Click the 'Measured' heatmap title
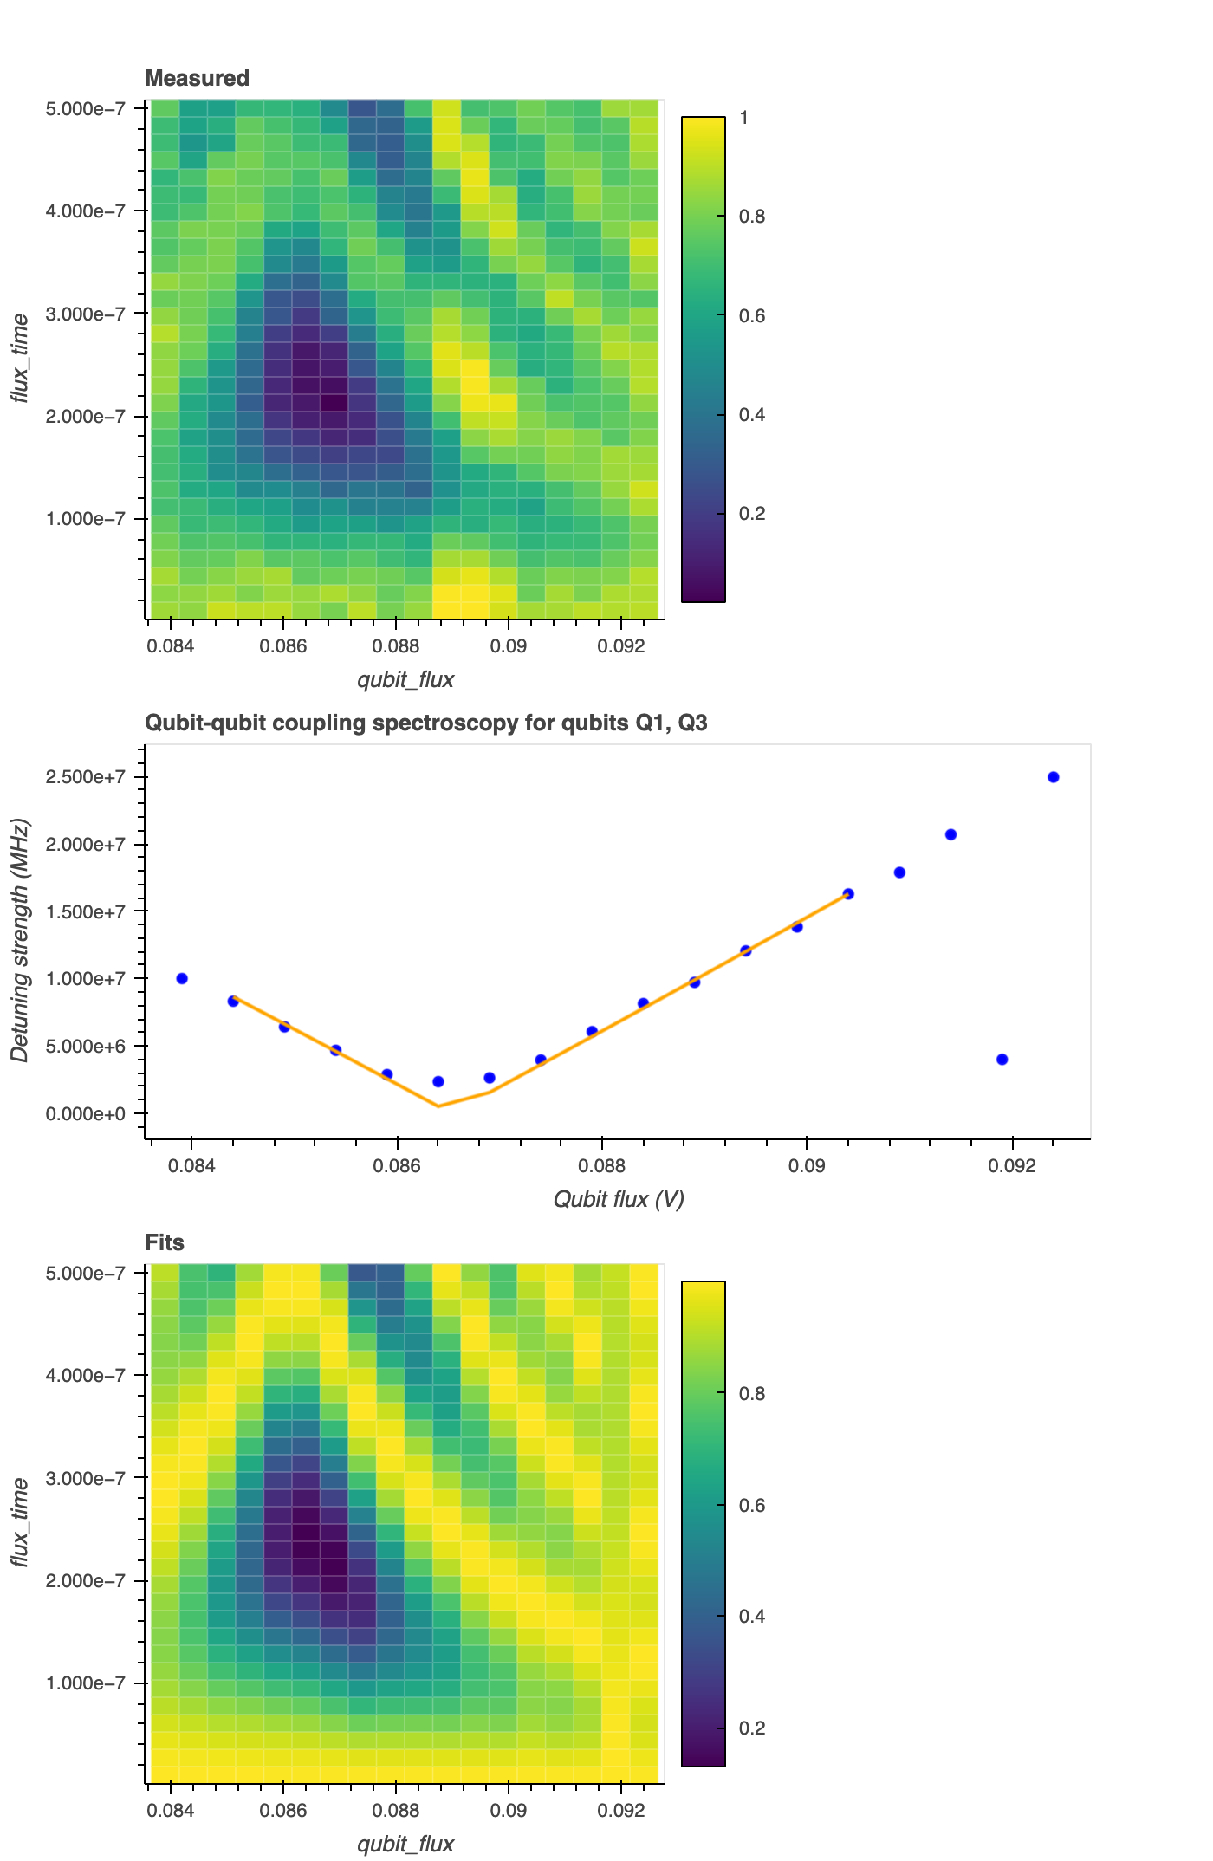click(197, 78)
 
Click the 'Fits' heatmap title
click(165, 1242)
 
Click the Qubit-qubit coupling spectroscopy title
click(425, 723)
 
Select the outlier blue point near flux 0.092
click(1002, 1060)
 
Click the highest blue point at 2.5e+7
click(1053, 777)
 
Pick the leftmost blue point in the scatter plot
click(182, 978)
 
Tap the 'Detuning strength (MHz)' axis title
click(20, 940)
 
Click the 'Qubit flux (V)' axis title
click(618, 1199)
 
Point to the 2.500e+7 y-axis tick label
click(86, 777)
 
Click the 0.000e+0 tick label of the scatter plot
click(86, 1113)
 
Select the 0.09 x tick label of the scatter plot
click(806, 1166)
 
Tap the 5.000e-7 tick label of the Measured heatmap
click(86, 109)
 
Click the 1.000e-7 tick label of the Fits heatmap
click(86, 1683)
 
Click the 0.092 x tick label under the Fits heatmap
click(621, 1811)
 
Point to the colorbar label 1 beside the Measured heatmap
click(743, 118)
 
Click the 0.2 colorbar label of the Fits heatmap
click(751, 1728)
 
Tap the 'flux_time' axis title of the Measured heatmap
click(20, 359)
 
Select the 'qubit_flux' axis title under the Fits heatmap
click(405, 1844)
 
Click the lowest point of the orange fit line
click(438, 1106)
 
